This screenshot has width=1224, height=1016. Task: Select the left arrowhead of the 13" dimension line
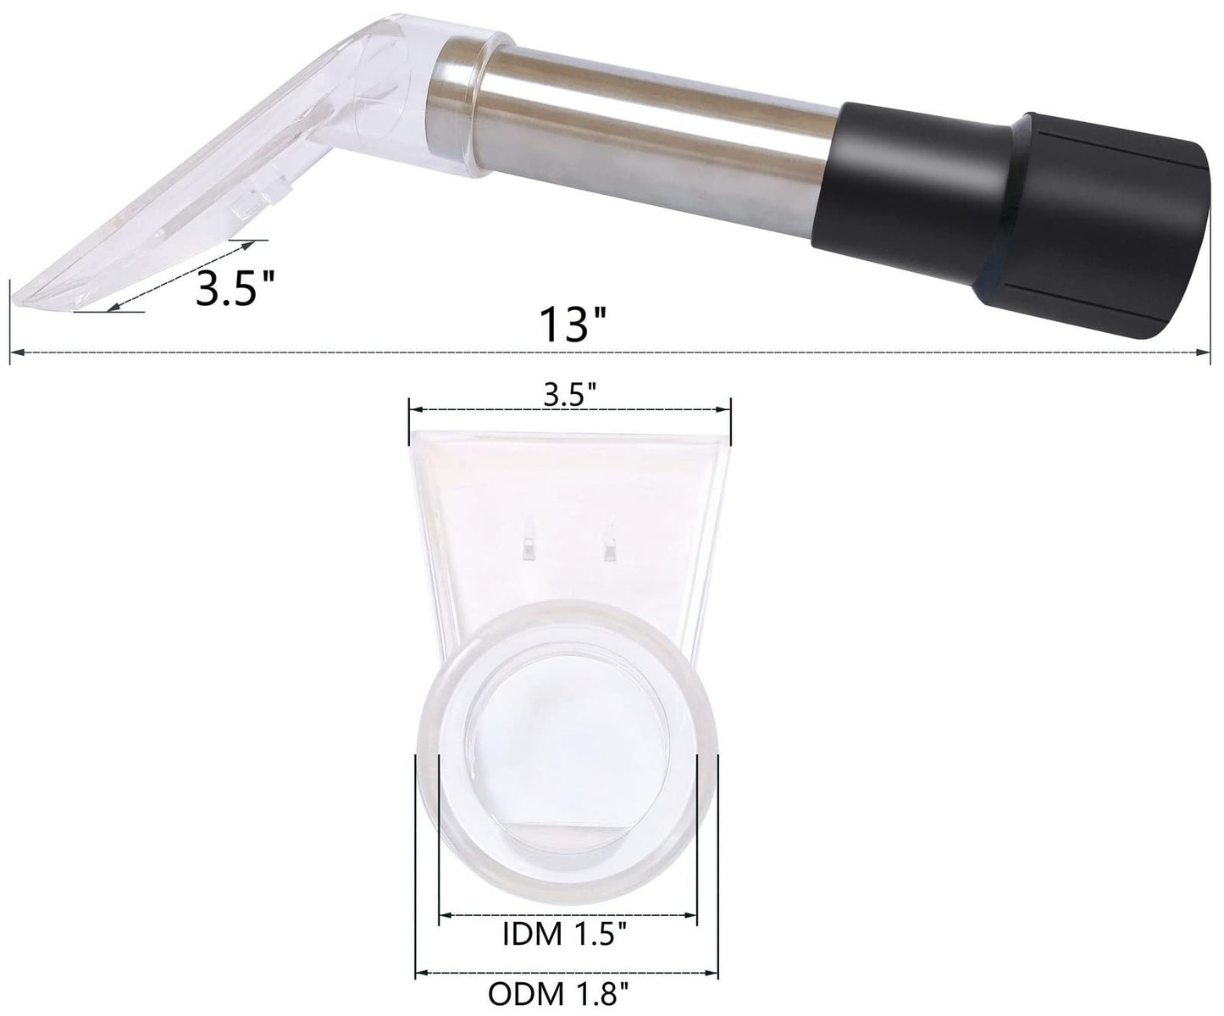14,351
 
